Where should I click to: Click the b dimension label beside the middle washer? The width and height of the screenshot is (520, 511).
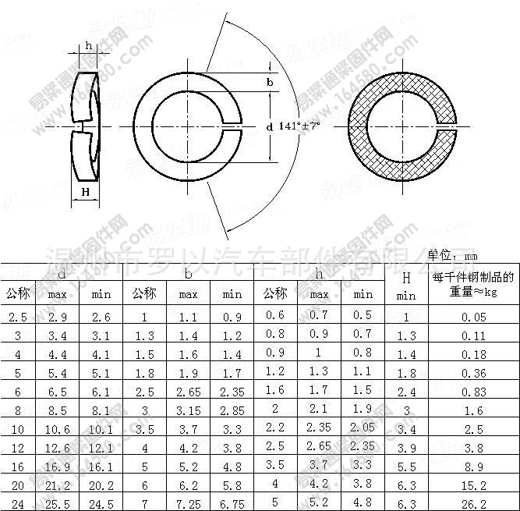point(270,82)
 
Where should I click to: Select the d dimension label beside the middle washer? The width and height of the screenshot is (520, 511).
point(269,126)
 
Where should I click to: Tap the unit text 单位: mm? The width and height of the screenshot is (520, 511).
point(454,255)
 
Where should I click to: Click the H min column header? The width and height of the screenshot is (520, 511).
point(405,286)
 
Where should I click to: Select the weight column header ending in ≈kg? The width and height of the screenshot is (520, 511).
point(473,285)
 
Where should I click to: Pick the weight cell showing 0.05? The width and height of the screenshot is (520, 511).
point(473,317)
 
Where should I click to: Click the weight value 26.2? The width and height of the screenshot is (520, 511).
point(473,503)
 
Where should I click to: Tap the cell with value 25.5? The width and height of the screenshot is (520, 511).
point(58,503)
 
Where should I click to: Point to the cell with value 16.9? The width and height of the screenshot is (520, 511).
point(58,466)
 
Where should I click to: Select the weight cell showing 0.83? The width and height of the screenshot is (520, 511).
point(473,392)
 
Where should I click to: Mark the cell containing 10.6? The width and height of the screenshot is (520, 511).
point(58,429)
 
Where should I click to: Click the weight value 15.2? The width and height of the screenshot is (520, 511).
point(473,484)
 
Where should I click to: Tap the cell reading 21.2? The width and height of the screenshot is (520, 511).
point(58,484)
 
